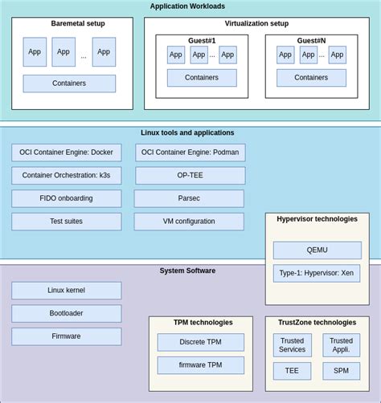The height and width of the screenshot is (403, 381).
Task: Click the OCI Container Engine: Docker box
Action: pos(67,153)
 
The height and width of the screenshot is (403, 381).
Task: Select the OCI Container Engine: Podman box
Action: pos(190,153)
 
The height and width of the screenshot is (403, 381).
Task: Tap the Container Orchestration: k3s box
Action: pos(67,175)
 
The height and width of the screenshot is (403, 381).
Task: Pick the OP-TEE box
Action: pos(190,175)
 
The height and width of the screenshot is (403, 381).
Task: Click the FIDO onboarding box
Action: pos(67,198)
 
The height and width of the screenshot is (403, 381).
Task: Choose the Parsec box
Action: pos(189,198)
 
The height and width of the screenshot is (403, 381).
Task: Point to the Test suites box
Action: pos(67,222)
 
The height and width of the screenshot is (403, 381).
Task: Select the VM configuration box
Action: pos(189,222)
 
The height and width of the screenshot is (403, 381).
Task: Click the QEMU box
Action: pos(317,250)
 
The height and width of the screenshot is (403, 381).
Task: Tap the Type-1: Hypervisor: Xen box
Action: pos(317,273)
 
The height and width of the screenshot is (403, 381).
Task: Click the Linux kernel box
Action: pos(67,290)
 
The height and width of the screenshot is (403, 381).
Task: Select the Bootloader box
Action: pos(67,313)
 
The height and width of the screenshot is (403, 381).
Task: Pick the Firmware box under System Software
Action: pos(67,336)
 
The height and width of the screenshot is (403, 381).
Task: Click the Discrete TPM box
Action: pos(200,342)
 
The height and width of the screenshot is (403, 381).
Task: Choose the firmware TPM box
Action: pos(200,365)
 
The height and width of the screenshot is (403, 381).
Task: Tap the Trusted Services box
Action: pos(292,345)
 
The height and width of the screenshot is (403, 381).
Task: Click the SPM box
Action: pos(342,371)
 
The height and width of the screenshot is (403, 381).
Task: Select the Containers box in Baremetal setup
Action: pos(69,83)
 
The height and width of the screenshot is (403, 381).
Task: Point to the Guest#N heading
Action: pos(311,40)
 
